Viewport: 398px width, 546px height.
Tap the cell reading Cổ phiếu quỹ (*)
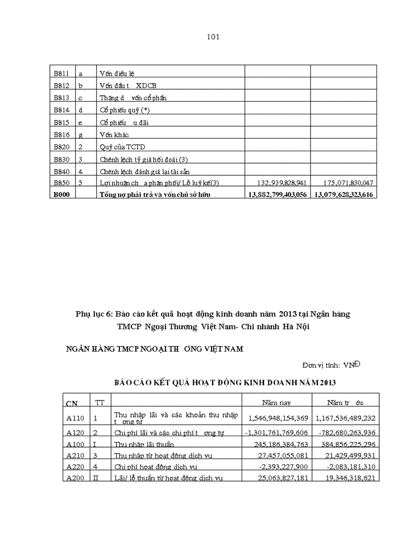pos(125,110)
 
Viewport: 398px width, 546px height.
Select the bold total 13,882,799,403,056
pos(277,195)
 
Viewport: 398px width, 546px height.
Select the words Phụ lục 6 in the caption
pos(94,314)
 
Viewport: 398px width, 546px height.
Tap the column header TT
pos(100,403)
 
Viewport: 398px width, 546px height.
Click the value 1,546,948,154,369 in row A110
pos(278,418)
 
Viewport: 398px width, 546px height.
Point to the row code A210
pos(76,456)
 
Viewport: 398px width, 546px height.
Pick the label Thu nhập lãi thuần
pos(144,444)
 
